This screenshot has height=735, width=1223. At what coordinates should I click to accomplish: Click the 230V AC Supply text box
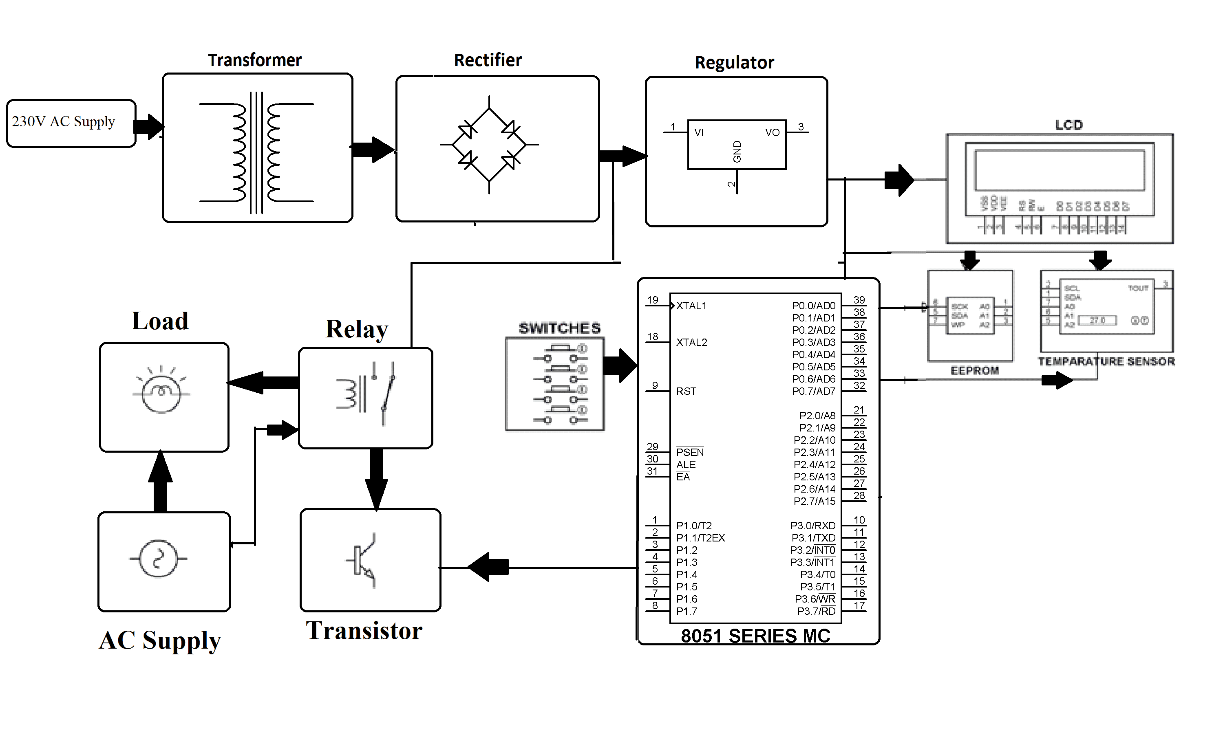(x=64, y=122)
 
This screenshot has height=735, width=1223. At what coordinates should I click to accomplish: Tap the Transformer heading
(x=254, y=60)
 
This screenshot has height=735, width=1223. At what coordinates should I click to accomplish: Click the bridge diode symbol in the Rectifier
(x=489, y=145)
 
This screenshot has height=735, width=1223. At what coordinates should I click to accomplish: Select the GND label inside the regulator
(x=737, y=152)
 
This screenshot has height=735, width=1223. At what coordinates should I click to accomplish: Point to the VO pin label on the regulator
(x=772, y=133)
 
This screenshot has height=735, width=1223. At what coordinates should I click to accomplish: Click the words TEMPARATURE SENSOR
(x=1106, y=361)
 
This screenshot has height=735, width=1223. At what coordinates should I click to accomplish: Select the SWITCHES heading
(x=559, y=328)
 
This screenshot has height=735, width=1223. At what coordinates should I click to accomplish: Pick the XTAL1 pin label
(x=691, y=306)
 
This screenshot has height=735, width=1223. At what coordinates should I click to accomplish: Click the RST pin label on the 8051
(x=686, y=391)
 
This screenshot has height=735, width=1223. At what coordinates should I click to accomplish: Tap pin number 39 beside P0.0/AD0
(x=859, y=299)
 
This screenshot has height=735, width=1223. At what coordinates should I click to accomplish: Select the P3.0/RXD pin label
(x=813, y=526)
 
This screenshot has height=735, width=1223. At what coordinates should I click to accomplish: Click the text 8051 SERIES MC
(x=755, y=636)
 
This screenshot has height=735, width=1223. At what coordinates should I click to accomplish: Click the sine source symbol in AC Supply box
(x=158, y=559)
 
